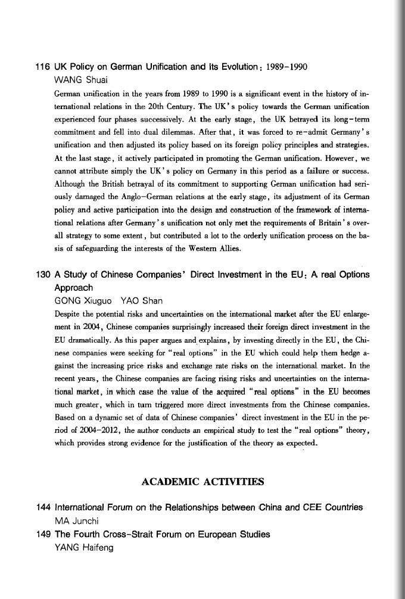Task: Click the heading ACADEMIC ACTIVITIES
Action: tap(202, 481)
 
